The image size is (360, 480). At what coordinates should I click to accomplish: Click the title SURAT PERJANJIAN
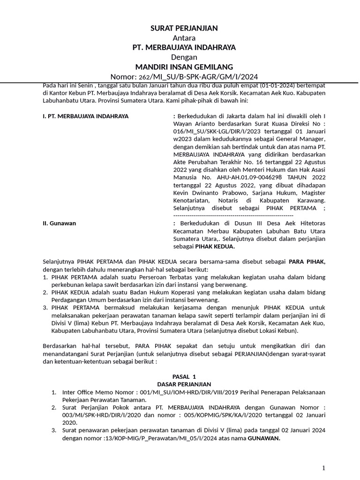(x=184, y=29)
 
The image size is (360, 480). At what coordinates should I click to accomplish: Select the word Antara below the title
(x=184, y=38)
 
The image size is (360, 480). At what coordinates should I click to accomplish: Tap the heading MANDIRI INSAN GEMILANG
(x=184, y=67)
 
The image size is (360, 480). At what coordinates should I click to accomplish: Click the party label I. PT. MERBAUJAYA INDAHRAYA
(x=85, y=116)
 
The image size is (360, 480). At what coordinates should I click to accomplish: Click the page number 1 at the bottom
(x=323, y=468)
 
